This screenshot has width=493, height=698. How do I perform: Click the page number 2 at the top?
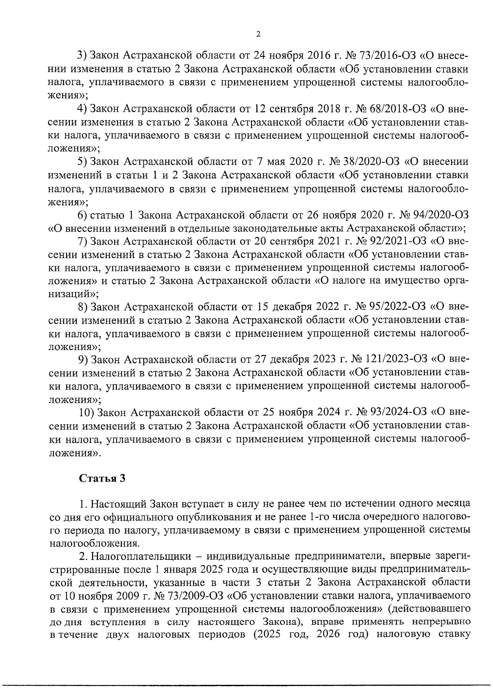point(258,34)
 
